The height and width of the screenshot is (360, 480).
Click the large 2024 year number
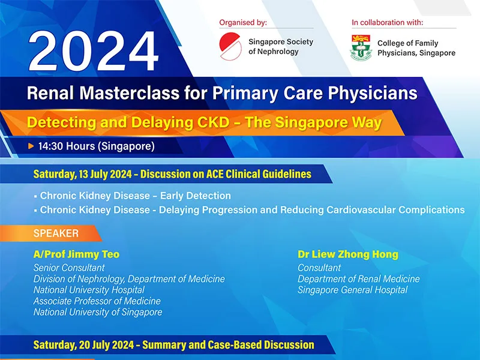tap(94, 51)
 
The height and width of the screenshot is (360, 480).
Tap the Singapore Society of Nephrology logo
tap(230, 46)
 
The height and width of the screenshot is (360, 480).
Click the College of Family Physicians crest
tap(361, 47)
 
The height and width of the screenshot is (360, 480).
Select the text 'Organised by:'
tap(243, 22)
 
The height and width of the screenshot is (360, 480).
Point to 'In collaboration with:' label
tap(387, 22)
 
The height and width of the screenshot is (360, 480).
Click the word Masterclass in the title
tap(130, 93)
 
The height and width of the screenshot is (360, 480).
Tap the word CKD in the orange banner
tap(214, 122)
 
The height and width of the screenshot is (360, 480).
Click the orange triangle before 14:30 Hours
tap(31, 146)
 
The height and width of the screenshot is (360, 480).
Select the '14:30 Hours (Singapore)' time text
tap(97, 146)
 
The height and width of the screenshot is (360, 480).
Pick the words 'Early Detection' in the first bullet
tap(196, 196)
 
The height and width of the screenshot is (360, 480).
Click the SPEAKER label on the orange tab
tap(56, 233)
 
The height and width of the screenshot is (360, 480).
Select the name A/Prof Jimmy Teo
tap(77, 254)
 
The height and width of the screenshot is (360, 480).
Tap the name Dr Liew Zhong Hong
tap(348, 254)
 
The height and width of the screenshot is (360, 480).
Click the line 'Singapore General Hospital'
tap(353, 290)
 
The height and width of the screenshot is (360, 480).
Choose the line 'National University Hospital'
tap(89, 290)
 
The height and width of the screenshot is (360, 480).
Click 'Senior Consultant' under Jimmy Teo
tap(69, 268)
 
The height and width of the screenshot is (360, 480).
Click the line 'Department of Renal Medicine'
tap(358, 279)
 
